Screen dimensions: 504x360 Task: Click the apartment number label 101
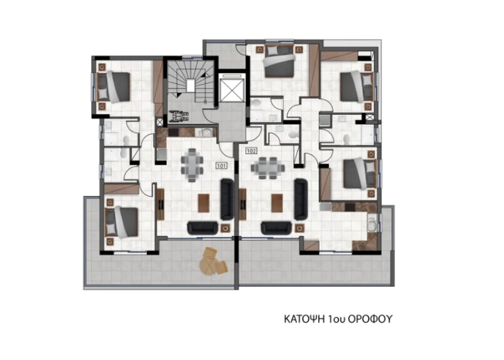(x=221, y=166)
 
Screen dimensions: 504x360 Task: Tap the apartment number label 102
(x=251, y=151)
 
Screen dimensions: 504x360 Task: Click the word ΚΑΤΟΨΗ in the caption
(x=304, y=319)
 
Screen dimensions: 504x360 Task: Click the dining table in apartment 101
(x=192, y=165)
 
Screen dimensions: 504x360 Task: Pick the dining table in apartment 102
(x=268, y=168)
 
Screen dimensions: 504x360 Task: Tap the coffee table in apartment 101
(x=203, y=203)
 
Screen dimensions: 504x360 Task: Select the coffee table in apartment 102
(x=277, y=203)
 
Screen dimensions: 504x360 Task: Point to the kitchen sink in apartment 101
(x=205, y=132)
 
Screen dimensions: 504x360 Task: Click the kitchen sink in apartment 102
(x=371, y=224)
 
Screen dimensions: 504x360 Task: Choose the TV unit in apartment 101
(x=160, y=204)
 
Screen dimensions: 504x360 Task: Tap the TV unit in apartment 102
(x=243, y=204)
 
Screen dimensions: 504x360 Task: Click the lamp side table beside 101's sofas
(x=225, y=228)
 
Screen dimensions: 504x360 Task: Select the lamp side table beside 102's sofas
(x=299, y=228)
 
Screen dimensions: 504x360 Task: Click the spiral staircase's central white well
(x=190, y=86)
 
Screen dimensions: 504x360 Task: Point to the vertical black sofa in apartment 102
(x=301, y=199)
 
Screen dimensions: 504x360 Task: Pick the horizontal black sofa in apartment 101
(x=203, y=228)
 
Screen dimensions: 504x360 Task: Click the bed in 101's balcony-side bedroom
(x=122, y=222)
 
